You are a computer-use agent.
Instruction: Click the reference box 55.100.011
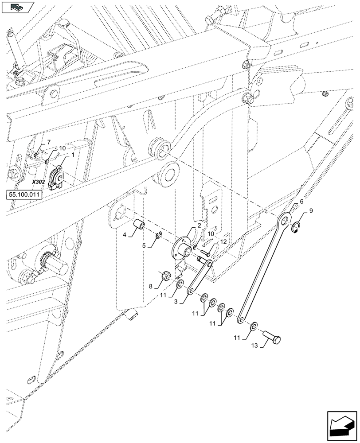(x=23, y=194)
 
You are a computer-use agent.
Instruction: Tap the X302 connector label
(x=39, y=182)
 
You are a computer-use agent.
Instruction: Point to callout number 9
(x=311, y=211)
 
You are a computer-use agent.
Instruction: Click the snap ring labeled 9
(x=296, y=228)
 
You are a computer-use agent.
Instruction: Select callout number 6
(x=301, y=202)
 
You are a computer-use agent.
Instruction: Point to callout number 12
(x=223, y=242)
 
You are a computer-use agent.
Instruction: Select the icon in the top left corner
(x=17, y=7)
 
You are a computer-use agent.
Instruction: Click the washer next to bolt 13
(x=253, y=326)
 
